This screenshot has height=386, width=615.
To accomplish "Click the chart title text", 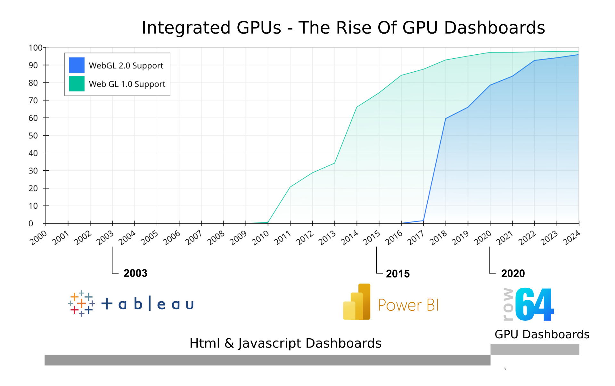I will pyautogui.click(x=343, y=28).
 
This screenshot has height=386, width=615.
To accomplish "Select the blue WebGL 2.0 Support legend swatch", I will pyautogui.click(x=77, y=65).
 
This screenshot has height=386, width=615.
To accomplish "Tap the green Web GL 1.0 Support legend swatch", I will pyautogui.click(x=77, y=84).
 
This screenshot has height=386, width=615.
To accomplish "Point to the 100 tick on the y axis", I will pyautogui.click(x=35, y=48).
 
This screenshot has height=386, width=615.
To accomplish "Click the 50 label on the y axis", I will pyautogui.click(x=33, y=136).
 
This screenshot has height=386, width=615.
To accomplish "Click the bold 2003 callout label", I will pyautogui.click(x=135, y=273).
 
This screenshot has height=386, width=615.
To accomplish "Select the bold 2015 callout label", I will pyautogui.click(x=398, y=274).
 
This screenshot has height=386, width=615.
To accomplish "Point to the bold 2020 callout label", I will pyautogui.click(x=513, y=274).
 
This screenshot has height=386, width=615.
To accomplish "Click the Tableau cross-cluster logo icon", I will pyautogui.click(x=81, y=303).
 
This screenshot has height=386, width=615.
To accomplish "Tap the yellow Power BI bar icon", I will pyautogui.click(x=357, y=302).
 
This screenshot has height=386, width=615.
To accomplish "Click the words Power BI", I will pyautogui.click(x=408, y=305).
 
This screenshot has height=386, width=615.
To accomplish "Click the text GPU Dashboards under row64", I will pyautogui.click(x=542, y=334).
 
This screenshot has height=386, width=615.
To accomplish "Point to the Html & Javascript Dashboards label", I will pyautogui.click(x=285, y=343).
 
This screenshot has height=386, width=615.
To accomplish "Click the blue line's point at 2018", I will pyautogui.click(x=446, y=119).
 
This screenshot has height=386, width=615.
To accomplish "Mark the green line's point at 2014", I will pyautogui.click(x=357, y=107).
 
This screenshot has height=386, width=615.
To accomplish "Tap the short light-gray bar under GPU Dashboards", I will pyautogui.click(x=535, y=349).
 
